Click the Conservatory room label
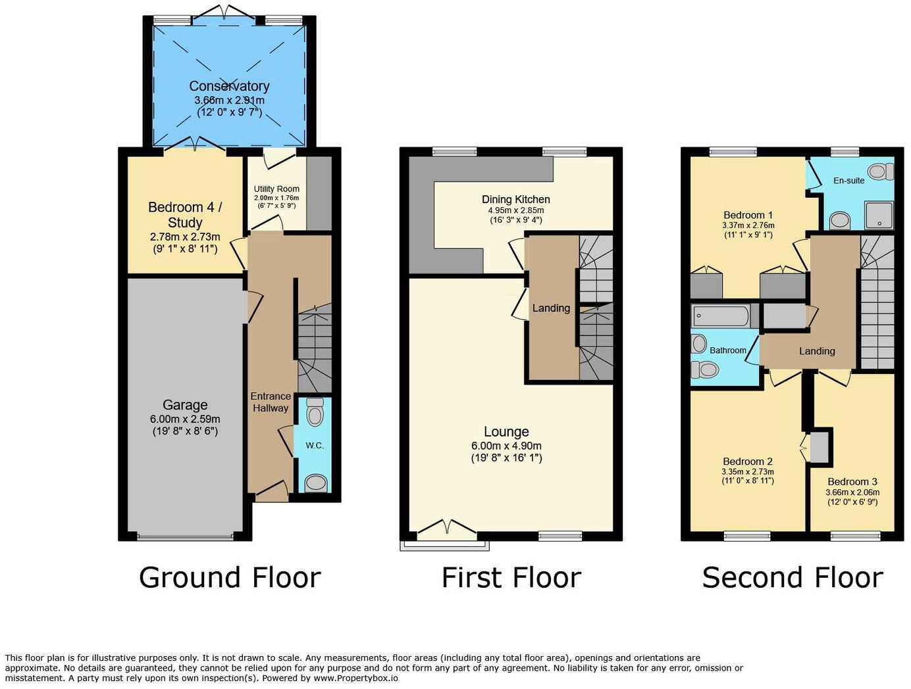[x=229, y=86]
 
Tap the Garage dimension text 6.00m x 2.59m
[x=185, y=419]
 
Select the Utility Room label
[x=276, y=189]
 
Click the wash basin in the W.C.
[x=316, y=484]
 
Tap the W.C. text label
[x=315, y=446]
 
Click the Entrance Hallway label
[x=271, y=402]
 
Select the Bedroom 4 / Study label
[x=185, y=215]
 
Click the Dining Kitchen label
[x=515, y=199]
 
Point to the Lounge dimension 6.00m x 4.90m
[x=506, y=445]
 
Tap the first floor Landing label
[x=551, y=308]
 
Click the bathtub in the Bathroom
[x=721, y=317]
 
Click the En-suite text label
[x=848, y=180]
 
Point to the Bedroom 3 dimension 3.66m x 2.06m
[x=852, y=492]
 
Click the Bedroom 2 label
[x=747, y=462]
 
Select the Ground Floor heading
[x=230, y=577]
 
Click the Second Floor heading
[x=792, y=577]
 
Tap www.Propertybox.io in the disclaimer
[x=356, y=678]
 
